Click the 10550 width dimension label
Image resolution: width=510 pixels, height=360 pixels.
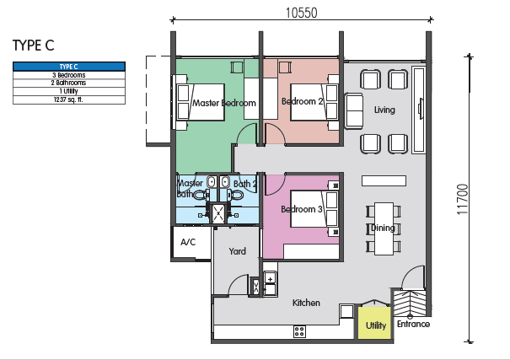(301, 13)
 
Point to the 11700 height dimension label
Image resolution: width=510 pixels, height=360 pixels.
(462, 199)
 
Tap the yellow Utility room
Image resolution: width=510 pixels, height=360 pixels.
(374, 323)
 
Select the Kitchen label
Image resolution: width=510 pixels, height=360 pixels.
(306, 303)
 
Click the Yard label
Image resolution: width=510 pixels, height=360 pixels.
(237, 251)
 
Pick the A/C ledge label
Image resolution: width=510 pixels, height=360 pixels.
(188, 242)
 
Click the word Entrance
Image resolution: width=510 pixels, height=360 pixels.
(413, 324)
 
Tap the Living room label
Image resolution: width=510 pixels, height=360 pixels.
(384, 110)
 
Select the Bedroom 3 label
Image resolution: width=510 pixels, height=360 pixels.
(302, 209)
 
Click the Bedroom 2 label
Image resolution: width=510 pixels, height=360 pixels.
(302, 101)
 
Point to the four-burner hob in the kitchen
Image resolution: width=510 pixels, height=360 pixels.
(299, 331)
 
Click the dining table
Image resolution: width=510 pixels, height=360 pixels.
(384, 228)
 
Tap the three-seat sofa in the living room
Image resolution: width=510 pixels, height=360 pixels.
(354, 111)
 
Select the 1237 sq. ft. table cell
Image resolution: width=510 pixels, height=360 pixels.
(69, 99)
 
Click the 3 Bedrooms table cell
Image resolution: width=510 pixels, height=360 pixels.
(69, 75)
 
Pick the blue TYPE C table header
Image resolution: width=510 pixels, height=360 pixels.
(69, 67)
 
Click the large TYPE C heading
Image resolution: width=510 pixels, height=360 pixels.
(33, 46)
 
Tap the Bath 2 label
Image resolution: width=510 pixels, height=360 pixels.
(245, 184)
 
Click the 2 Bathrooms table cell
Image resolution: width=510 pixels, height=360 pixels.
(69, 83)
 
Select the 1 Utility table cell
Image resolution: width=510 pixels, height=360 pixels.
(69, 91)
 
